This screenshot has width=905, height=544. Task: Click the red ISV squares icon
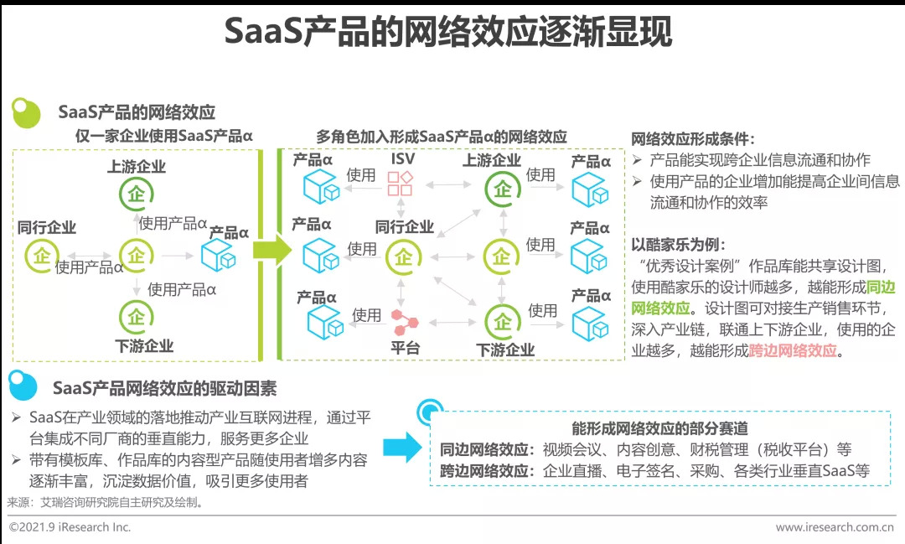(x=399, y=183)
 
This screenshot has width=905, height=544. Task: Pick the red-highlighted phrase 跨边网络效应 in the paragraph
(x=793, y=351)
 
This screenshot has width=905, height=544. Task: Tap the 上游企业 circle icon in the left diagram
(x=135, y=194)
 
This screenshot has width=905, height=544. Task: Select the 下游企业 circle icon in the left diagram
(x=137, y=318)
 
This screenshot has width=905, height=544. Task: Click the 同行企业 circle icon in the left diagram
(x=40, y=255)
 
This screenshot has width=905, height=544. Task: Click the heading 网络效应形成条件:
(x=692, y=139)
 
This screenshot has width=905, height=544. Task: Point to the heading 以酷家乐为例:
(x=676, y=245)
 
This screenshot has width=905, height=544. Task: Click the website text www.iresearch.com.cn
(x=834, y=527)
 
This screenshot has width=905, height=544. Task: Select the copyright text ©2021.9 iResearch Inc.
(x=70, y=527)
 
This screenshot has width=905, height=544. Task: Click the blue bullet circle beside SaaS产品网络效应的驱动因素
(x=23, y=386)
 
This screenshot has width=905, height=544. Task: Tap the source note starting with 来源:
(x=105, y=503)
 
